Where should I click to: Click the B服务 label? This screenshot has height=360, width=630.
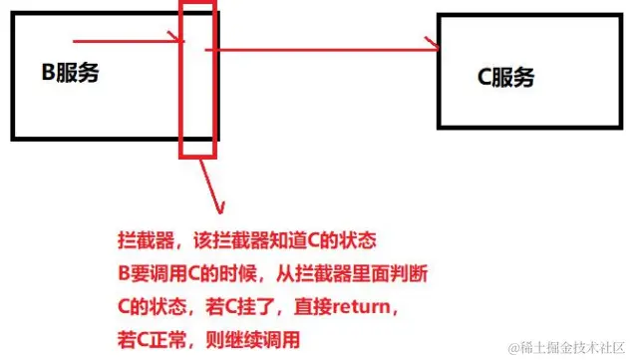(x=69, y=72)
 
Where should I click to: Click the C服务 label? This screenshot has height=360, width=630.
(x=506, y=78)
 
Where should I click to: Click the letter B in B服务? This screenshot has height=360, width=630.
(x=46, y=72)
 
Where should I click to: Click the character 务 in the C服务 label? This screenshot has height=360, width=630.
(x=523, y=78)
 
